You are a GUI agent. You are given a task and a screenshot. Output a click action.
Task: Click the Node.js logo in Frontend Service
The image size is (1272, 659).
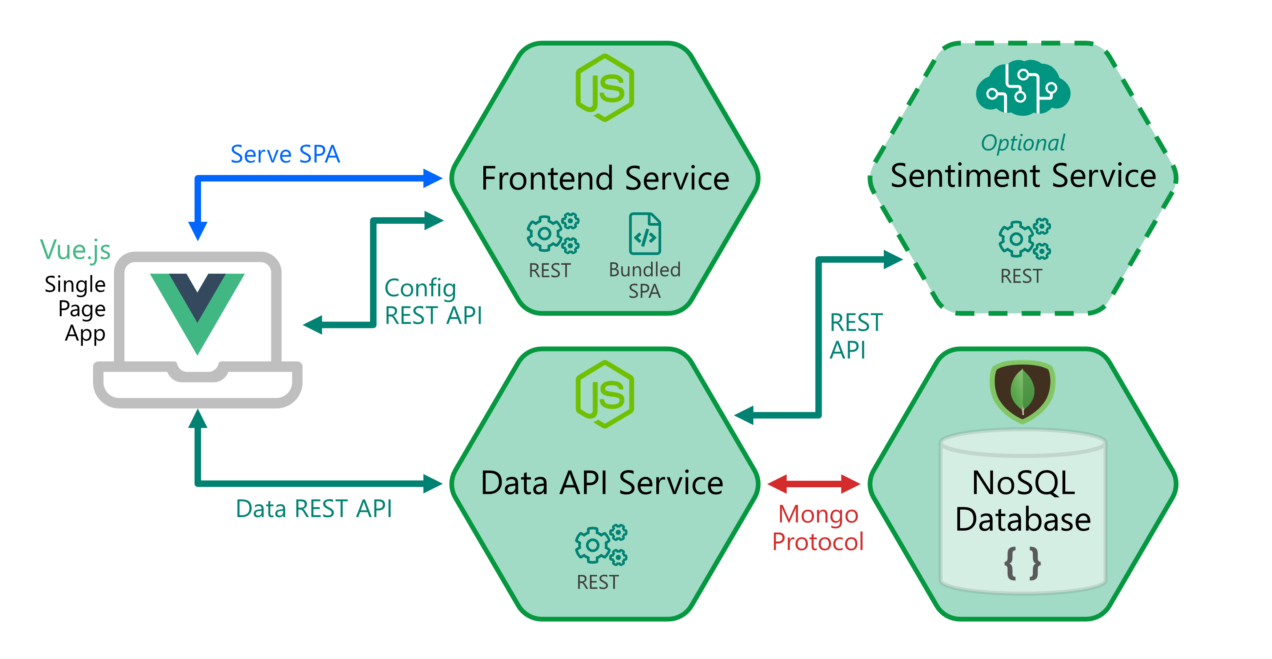pyautogui.click(x=604, y=88)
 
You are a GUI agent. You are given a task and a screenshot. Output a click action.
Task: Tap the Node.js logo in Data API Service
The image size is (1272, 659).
pyautogui.click(x=604, y=394)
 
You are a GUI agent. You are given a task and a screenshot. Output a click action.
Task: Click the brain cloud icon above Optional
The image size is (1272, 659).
pyautogui.click(x=1023, y=88)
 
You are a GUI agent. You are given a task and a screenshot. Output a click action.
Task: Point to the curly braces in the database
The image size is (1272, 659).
pyautogui.click(x=1023, y=563)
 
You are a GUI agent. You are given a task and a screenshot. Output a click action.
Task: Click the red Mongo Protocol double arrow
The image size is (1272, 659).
pyautogui.click(x=814, y=484)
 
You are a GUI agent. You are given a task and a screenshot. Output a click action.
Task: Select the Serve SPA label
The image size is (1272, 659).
pyautogui.click(x=285, y=155)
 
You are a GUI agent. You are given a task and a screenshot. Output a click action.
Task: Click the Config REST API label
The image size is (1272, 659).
pyautogui.click(x=433, y=302)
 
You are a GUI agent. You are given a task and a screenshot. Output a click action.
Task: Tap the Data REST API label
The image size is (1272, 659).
pyautogui.click(x=314, y=509)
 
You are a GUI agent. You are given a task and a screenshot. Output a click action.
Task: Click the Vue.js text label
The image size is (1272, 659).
pyautogui.click(x=75, y=249)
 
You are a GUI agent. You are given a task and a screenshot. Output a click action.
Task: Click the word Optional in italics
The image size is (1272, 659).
pyautogui.click(x=1023, y=143)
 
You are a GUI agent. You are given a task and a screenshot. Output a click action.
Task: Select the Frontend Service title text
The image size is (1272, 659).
pyautogui.click(x=605, y=179)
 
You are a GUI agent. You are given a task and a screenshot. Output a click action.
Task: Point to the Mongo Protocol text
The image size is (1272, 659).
pyautogui.click(x=818, y=528)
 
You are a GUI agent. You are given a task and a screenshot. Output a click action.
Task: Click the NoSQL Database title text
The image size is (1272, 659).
pyautogui.click(x=1023, y=501)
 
